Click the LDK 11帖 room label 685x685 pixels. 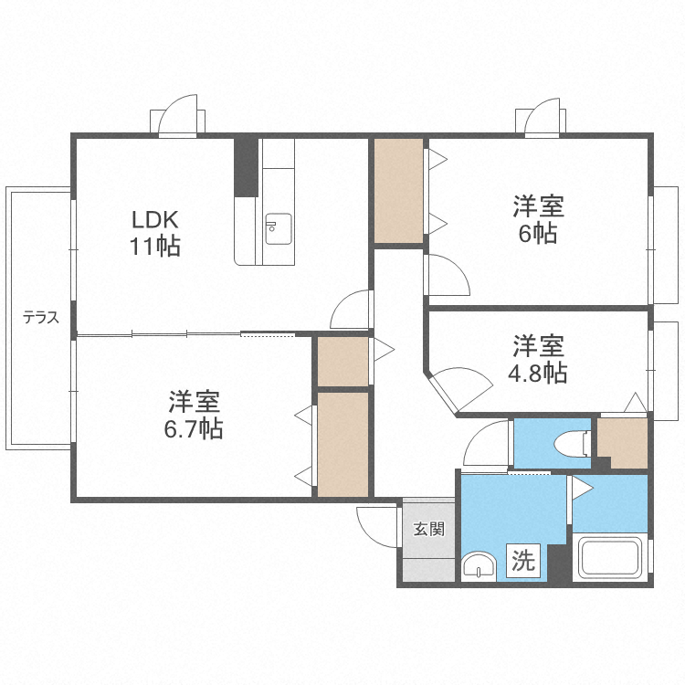155,233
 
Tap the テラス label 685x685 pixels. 41,317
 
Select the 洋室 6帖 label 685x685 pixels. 538,220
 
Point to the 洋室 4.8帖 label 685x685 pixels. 538,359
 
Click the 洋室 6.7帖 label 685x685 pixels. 194,415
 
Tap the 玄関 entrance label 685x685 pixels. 429,529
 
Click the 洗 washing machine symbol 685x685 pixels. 523,560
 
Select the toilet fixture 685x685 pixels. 573,444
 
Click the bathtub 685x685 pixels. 610,558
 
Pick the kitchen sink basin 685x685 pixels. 279,229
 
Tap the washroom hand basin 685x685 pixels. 479,566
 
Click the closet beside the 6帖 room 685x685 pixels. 398,191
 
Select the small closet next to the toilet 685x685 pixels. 623,443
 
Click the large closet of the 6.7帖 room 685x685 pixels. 342,444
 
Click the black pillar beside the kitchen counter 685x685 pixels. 246,167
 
